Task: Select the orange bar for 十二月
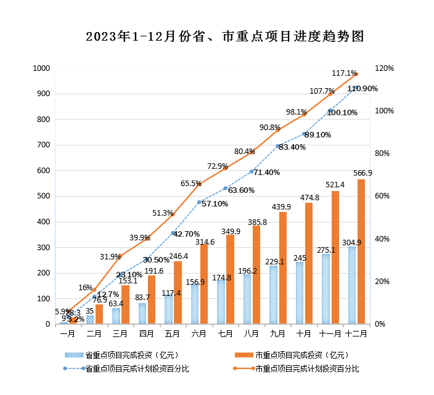tap(361, 251)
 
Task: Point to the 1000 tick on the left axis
tap(42, 68)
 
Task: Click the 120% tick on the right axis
tap(385, 68)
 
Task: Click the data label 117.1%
tap(344, 73)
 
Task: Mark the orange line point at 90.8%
tap(278, 130)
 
